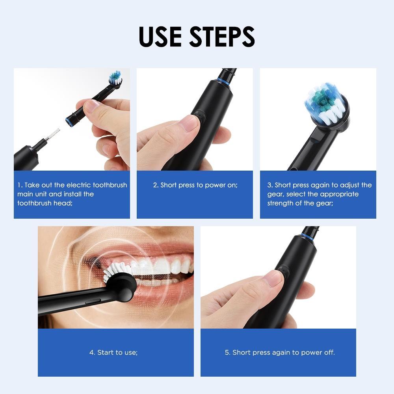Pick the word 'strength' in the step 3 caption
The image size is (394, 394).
pos(279,203)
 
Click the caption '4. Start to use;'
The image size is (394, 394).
pos(113,352)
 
